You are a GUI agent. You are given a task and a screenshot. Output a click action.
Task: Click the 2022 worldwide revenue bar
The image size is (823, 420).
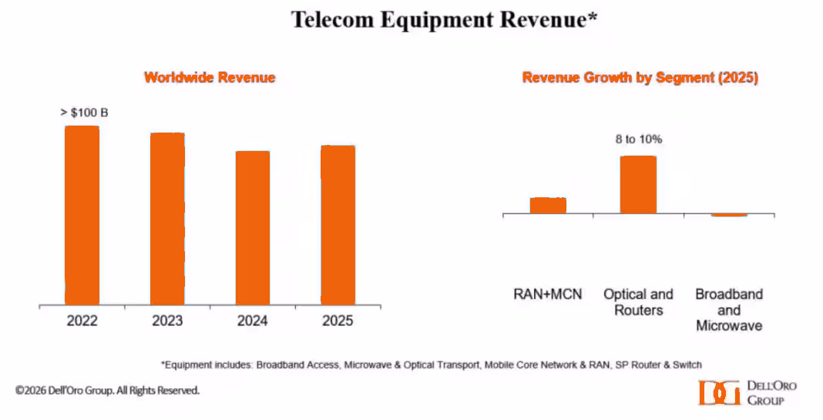[x=82, y=215]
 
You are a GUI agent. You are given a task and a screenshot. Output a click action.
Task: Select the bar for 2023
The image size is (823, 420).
[x=167, y=219]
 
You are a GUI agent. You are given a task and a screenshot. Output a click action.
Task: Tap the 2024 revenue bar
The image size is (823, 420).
[x=253, y=228]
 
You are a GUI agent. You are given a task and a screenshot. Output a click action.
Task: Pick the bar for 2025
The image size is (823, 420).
[x=338, y=225]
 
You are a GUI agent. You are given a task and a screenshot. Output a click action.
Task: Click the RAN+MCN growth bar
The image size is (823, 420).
[x=548, y=206]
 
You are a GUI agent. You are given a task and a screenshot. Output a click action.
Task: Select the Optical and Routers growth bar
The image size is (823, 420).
[x=638, y=185]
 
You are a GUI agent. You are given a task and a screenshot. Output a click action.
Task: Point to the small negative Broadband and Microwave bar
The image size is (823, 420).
[x=729, y=215]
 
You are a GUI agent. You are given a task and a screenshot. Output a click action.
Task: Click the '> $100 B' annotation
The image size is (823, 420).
[x=84, y=113]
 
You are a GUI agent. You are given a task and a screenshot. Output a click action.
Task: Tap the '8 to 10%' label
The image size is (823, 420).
[x=638, y=139]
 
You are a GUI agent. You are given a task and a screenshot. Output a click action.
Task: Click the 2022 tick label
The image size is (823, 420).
[x=82, y=321]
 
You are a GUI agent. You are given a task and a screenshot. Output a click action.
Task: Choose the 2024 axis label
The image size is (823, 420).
[x=253, y=321]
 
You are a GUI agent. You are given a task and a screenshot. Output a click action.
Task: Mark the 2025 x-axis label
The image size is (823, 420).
[x=338, y=321]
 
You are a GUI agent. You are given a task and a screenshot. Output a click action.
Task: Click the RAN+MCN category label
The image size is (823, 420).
[x=548, y=294]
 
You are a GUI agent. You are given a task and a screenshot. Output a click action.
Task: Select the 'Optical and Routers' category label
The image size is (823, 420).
[x=638, y=302]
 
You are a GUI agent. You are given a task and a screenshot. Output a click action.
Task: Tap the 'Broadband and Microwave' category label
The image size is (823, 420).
[x=729, y=310]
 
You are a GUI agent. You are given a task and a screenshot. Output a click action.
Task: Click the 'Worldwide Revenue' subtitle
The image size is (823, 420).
[x=210, y=78]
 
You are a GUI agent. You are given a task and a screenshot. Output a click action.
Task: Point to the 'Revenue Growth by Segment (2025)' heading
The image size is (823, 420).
[x=640, y=78]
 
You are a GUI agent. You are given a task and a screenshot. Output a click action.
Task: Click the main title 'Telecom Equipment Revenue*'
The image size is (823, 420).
[x=445, y=21]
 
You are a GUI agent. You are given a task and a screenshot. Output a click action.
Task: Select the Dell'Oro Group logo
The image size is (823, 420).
[x=747, y=392]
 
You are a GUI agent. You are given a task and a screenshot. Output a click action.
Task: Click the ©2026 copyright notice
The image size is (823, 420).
[x=107, y=391]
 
